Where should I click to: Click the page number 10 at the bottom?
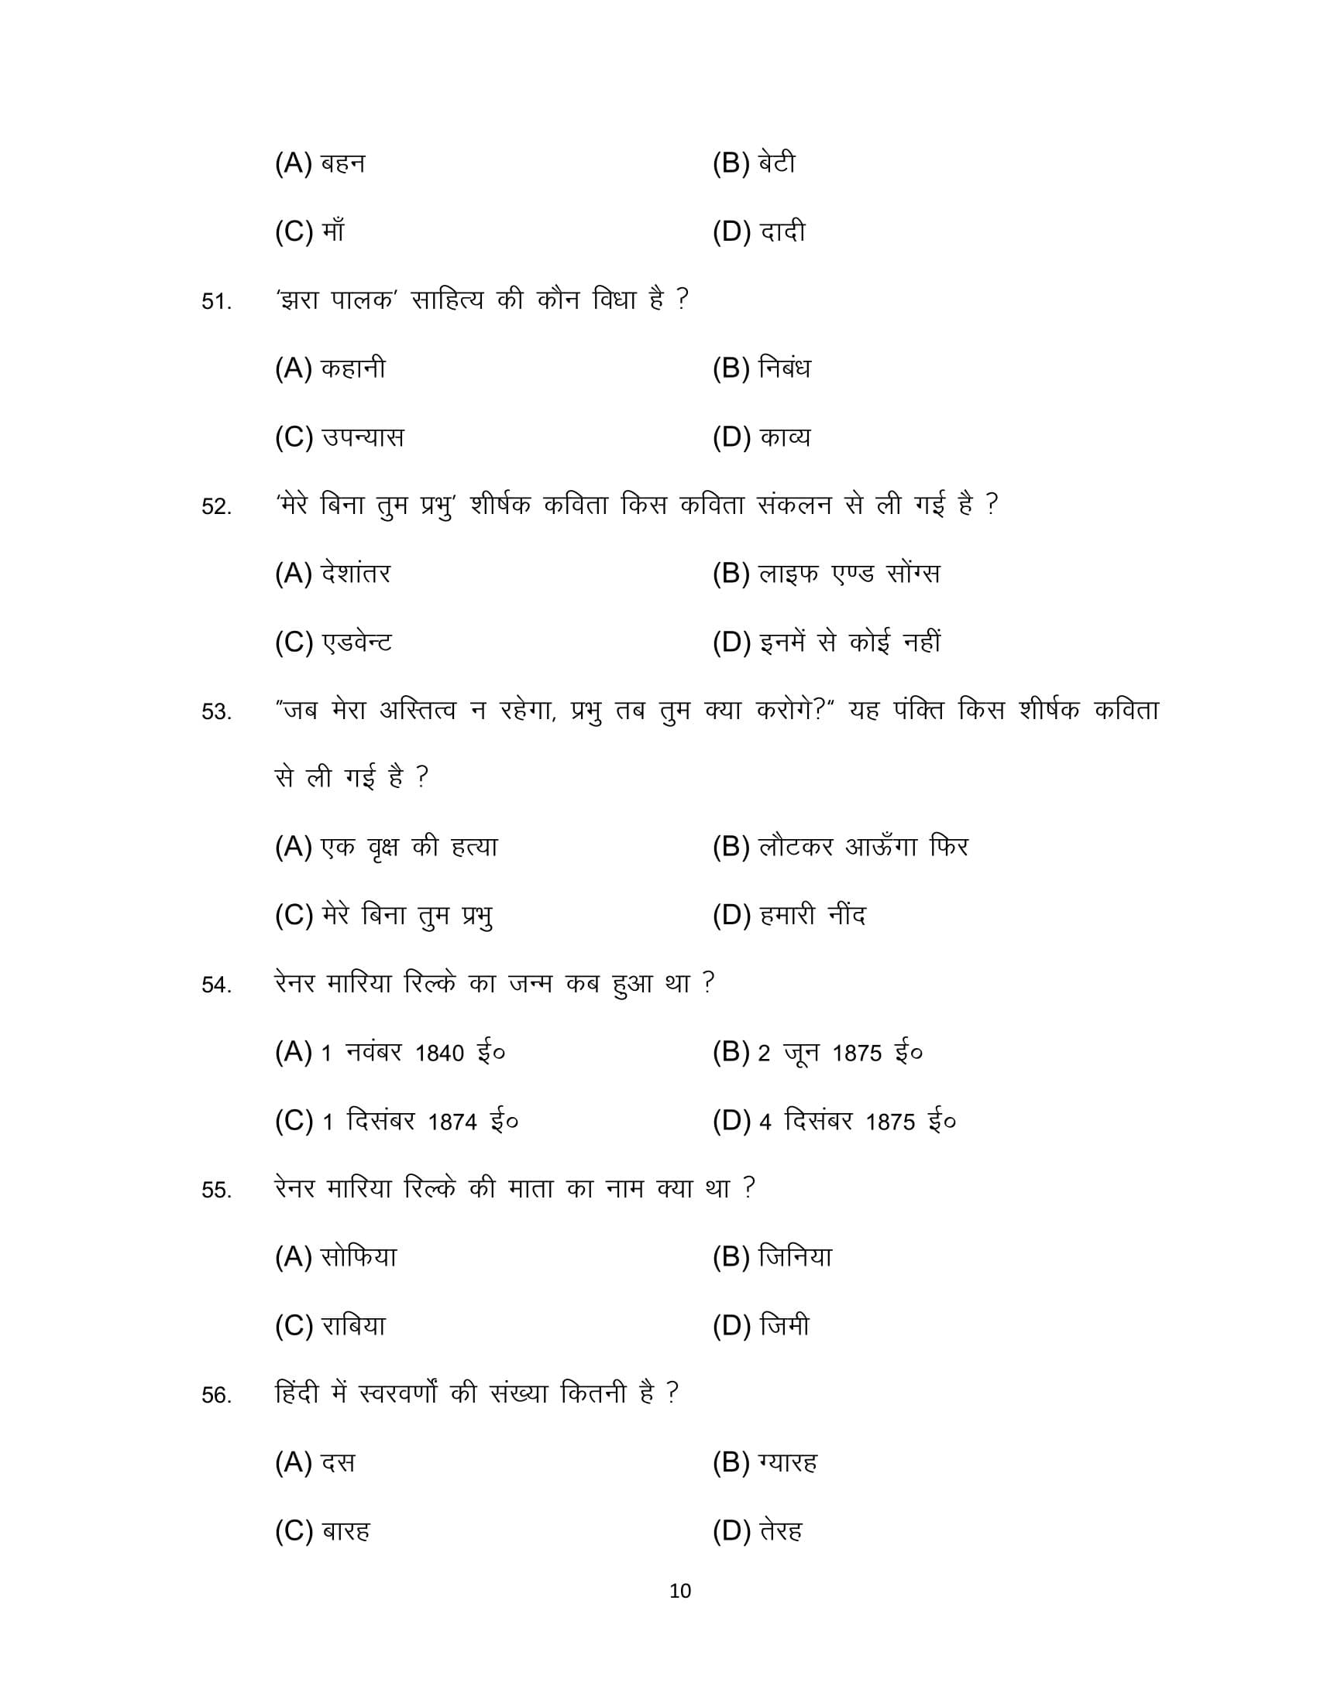679,1591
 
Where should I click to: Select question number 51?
216,302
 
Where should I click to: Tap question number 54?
216,985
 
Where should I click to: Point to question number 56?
216,1395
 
